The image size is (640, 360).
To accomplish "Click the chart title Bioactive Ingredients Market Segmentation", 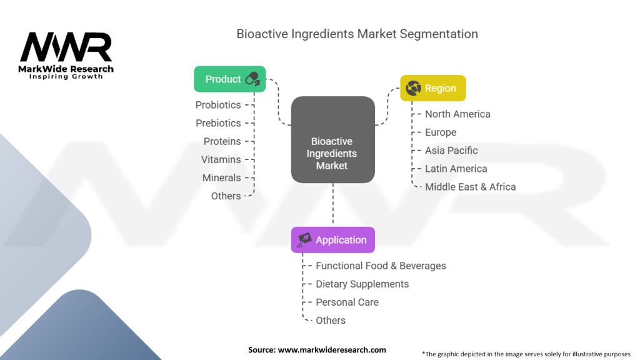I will tap(357, 34).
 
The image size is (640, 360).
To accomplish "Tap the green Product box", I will tap(229, 79).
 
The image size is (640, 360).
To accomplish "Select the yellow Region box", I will tap(432, 88).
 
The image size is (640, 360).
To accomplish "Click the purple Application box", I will tap(333, 240).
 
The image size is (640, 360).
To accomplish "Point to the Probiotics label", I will tap(217, 105).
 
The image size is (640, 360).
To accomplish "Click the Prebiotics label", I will tap(218, 123).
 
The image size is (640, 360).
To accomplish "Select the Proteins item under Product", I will tap(222, 141).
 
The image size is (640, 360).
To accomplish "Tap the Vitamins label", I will tap(221, 159).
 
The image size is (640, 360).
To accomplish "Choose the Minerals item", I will tap(221, 177).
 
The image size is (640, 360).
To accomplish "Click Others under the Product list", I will tap(226, 196).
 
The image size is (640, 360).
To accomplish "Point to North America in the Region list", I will tap(457, 114).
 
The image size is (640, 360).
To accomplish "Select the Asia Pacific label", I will tap(451, 150).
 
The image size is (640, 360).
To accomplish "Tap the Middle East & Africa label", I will tap(470, 186).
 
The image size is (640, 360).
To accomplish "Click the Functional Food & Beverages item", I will tap(381, 266).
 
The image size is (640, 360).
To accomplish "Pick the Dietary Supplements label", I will tap(362, 284).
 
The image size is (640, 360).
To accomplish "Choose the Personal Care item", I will tap(347, 302).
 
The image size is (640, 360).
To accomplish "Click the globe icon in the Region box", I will tap(413, 88).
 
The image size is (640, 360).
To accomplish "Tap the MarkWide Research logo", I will tap(66, 55).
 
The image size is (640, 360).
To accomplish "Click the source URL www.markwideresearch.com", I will tap(331, 350).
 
